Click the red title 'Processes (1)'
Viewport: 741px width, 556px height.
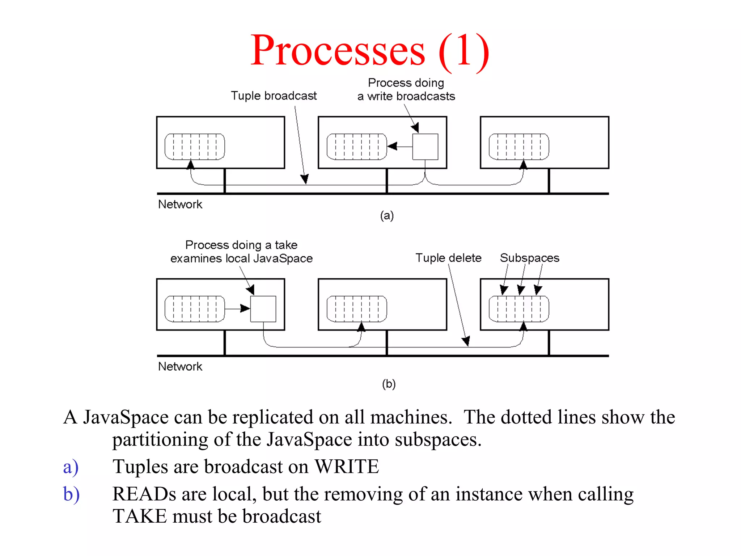point(370,51)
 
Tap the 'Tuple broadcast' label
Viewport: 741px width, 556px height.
point(274,96)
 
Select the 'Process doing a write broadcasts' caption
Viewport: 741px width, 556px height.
point(406,90)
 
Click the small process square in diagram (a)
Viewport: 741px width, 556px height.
point(425,147)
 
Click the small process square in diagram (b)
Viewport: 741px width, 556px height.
point(263,309)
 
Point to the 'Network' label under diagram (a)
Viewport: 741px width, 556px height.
point(180,205)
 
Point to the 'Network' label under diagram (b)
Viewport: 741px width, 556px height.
point(180,367)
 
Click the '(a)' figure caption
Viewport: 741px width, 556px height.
point(387,216)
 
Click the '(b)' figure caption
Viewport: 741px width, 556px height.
point(389,384)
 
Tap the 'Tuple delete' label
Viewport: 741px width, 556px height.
point(448,258)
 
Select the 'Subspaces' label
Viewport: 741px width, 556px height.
point(529,258)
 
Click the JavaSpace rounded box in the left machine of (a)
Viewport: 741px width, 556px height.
point(195,147)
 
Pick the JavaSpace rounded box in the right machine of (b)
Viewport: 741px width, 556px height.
point(519,309)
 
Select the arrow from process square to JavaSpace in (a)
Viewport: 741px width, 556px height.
point(399,147)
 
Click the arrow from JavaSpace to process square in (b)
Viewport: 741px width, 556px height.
point(237,309)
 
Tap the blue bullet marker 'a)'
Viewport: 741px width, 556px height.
point(71,467)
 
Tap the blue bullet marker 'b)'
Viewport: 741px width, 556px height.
point(71,494)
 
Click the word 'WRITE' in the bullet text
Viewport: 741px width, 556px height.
point(347,467)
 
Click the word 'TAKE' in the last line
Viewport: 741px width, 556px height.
point(139,517)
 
